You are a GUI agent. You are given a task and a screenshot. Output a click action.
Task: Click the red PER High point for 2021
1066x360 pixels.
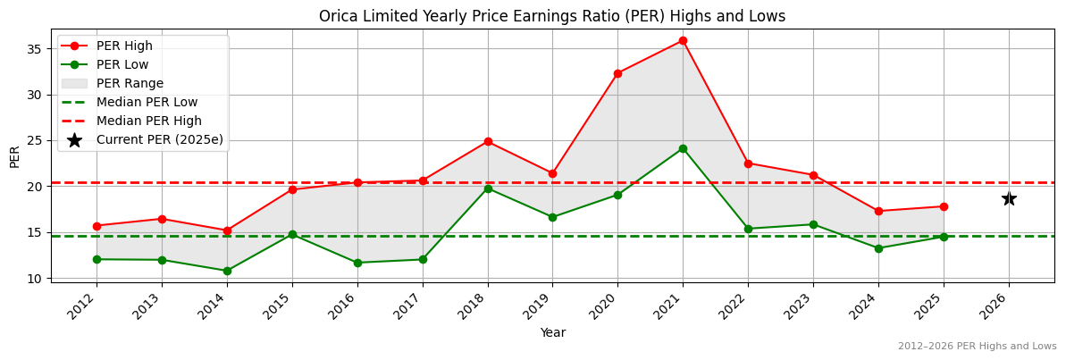click(683, 40)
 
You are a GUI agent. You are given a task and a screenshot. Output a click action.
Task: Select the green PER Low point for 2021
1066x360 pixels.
click(683, 148)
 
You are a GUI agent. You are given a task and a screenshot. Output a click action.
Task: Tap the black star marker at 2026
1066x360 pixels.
click(1009, 198)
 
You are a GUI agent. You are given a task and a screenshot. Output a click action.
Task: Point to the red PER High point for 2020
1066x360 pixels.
click(617, 73)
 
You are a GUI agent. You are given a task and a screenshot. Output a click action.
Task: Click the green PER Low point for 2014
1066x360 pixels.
click(227, 271)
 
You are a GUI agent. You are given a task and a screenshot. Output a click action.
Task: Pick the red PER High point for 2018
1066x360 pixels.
click(488, 141)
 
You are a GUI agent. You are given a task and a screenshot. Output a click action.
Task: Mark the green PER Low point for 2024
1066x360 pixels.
click(878, 248)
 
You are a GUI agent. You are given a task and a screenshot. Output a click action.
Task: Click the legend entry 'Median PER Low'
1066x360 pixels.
click(147, 102)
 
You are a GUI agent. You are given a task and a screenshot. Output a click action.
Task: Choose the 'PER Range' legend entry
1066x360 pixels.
click(130, 83)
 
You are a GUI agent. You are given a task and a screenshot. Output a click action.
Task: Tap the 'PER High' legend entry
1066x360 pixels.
click(124, 46)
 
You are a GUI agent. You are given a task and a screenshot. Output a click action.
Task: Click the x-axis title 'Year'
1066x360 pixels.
click(552, 332)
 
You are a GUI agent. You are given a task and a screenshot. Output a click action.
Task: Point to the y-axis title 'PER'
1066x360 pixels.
click(14, 156)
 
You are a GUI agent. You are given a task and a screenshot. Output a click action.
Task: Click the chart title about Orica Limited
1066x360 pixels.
click(552, 16)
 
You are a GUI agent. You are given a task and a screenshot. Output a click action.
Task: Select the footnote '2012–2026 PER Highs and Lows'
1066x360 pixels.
click(977, 346)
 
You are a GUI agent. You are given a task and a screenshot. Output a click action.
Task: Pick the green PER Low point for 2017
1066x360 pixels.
click(423, 259)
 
